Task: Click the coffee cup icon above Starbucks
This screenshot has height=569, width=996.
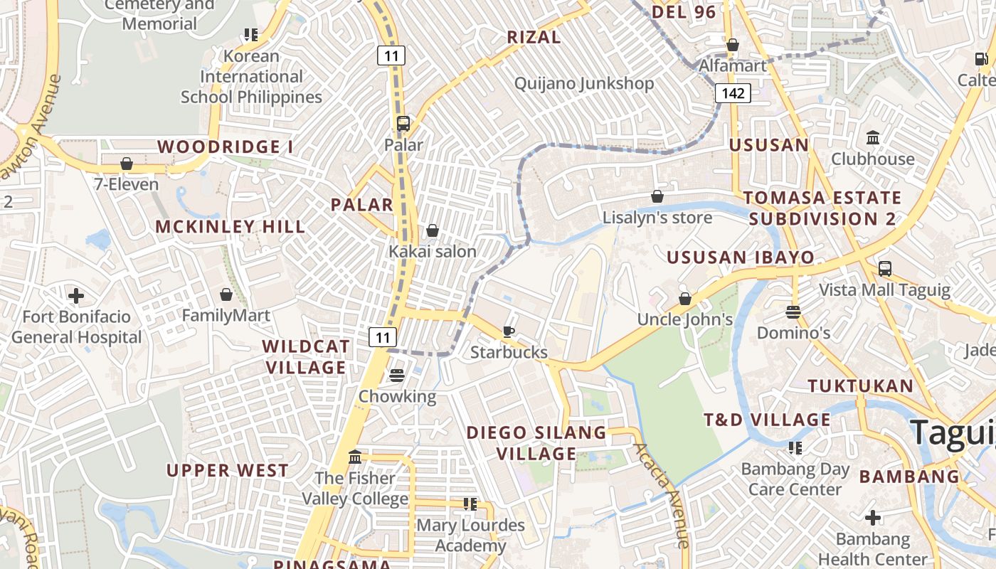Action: point(509,331)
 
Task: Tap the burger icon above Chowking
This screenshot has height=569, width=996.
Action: point(397,375)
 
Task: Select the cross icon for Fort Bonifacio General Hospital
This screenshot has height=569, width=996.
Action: point(76,295)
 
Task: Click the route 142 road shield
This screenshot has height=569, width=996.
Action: point(733,93)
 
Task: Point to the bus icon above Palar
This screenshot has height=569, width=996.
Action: point(403,124)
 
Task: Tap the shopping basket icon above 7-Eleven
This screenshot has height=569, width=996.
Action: point(127,164)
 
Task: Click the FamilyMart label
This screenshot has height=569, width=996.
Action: point(226,315)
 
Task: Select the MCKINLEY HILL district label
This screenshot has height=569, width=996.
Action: point(231,227)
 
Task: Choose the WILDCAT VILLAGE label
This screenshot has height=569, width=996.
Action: point(306,357)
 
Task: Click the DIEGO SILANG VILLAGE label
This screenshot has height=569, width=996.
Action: point(536,443)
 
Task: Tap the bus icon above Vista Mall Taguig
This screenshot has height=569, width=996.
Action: point(885,269)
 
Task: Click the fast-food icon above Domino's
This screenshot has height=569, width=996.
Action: point(793,312)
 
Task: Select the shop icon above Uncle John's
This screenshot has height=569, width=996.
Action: point(685,299)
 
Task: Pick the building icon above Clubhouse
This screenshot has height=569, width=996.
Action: point(873,137)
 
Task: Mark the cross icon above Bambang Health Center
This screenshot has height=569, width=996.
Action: point(873,518)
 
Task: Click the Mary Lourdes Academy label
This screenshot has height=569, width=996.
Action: point(470,536)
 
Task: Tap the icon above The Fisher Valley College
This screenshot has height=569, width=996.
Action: point(355,457)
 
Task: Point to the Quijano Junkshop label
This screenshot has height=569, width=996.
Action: point(584,83)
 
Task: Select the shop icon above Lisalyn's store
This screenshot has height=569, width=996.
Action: point(657,196)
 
